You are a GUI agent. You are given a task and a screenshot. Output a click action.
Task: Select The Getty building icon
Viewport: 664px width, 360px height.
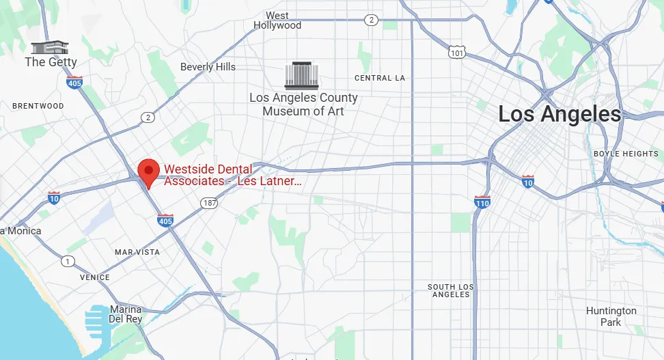(51, 47)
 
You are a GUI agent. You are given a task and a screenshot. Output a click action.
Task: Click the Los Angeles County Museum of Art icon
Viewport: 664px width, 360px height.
(303, 74)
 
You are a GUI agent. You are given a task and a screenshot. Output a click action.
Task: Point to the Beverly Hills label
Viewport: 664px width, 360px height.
(208, 67)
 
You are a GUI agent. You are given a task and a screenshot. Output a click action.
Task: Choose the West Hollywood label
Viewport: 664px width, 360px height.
(277, 20)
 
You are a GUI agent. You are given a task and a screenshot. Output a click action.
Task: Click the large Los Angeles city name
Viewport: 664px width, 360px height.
(559, 114)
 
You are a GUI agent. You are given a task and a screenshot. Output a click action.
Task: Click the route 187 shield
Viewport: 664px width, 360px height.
(209, 203)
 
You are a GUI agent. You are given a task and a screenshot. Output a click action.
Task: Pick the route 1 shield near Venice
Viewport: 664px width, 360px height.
(67, 261)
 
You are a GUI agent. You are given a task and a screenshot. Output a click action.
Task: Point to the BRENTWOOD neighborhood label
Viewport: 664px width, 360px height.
(38, 106)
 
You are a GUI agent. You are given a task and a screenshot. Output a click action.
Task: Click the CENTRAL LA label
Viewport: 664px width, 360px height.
(380, 78)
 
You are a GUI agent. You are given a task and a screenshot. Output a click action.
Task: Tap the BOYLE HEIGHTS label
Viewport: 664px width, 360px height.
(626, 154)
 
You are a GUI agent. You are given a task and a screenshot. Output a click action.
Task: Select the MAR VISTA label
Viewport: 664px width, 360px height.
(137, 252)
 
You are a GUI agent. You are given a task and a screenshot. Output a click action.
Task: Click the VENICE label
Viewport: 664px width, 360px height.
(94, 277)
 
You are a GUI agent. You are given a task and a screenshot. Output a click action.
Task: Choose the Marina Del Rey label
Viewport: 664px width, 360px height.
(126, 314)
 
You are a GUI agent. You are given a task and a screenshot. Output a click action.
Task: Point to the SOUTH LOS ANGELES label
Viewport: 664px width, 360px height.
(451, 290)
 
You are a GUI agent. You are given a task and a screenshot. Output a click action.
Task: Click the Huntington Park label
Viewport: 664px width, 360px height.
(611, 316)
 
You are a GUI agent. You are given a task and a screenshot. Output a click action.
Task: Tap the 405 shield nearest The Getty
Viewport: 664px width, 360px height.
(74, 82)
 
